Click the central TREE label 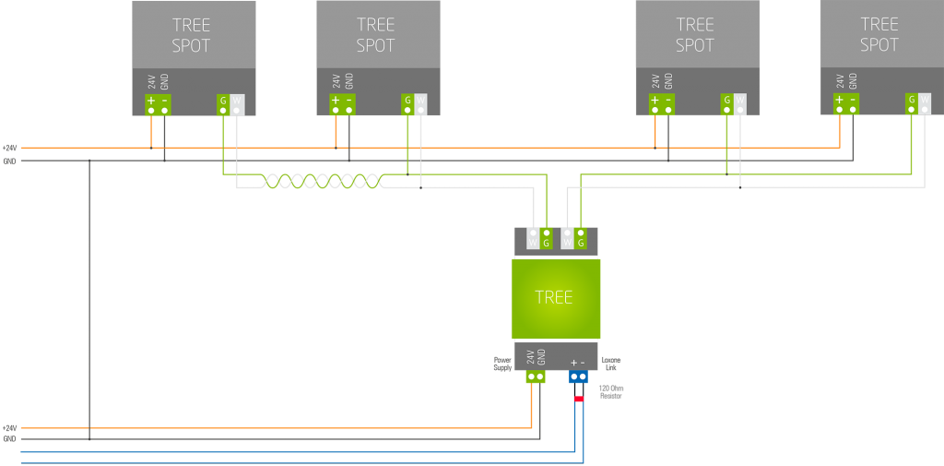(553, 297)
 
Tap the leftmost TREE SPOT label (191, 35)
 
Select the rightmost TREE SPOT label (879, 35)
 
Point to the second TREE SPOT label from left (375, 35)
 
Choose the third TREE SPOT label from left (695, 35)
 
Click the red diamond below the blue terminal (578, 399)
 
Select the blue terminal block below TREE (578, 377)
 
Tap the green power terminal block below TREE (536, 377)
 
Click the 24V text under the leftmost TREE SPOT (151, 81)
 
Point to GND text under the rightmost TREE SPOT (853, 81)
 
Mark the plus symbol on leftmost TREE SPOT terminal (151, 100)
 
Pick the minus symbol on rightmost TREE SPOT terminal (853, 100)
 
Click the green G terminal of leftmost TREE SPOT (223, 104)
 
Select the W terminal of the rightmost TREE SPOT (924, 104)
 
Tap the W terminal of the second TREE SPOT (420, 104)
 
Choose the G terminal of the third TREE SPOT (727, 104)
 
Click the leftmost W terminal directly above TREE (533, 237)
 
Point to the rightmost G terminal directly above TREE (581, 237)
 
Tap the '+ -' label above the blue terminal (578, 363)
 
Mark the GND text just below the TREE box (542, 357)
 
